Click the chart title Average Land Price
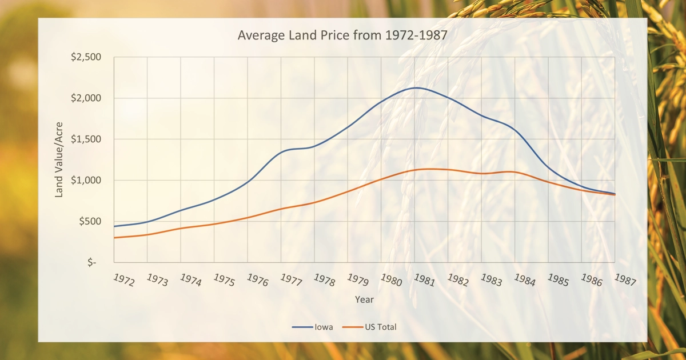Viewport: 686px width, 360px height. tap(342, 35)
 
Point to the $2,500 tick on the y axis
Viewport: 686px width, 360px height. tap(86, 57)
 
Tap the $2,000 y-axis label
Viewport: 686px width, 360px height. tap(86, 98)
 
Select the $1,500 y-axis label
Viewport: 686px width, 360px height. tap(86, 139)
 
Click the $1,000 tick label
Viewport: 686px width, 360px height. tap(86, 180)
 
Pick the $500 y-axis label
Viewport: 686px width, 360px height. tap(90, 221)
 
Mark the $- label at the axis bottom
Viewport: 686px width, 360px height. tap(92, 262)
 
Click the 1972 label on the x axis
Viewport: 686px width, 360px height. tap(124, 280)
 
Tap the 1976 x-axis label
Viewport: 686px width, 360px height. tap(258, 280)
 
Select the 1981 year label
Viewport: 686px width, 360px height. tap(424, 280)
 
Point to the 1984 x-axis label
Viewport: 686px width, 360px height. tap(525, 280)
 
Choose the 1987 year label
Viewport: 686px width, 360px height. tap(625, 280)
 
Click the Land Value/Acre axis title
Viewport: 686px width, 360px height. tap(58, 159)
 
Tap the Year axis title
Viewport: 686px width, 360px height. tap(364, 299)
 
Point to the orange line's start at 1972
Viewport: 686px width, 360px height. tap(114, 238)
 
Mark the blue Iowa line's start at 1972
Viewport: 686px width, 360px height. tap(114, 226)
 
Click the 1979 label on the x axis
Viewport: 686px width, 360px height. tap(358, 280)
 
